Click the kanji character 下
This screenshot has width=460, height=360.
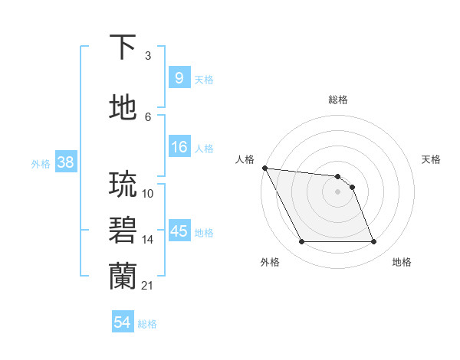click(123, 47)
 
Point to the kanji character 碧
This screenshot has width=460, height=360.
click(123, 231)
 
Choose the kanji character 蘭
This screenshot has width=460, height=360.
click(123, 276)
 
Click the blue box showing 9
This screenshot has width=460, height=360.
click(179, 77)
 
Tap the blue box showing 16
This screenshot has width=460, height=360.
click(179, 147)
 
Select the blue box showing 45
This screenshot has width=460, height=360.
click(179, 231)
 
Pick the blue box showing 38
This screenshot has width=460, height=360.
click(64, 162)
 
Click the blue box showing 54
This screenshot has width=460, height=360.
click(122, 322)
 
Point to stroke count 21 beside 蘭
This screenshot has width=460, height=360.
click(146, 286)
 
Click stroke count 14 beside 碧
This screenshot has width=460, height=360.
click(148, 240)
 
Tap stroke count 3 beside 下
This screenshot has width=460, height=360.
click(148, 56)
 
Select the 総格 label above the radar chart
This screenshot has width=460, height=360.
click(337, 100)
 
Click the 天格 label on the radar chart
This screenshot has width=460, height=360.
click(431, 159)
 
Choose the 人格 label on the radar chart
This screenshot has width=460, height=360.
click(245, 159)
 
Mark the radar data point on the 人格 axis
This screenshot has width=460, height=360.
click(264, 168)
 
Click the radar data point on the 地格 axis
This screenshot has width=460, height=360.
click(373, 242)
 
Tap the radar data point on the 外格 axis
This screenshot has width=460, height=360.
click(301, 242)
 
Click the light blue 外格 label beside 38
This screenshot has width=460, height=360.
click(40, 163)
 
